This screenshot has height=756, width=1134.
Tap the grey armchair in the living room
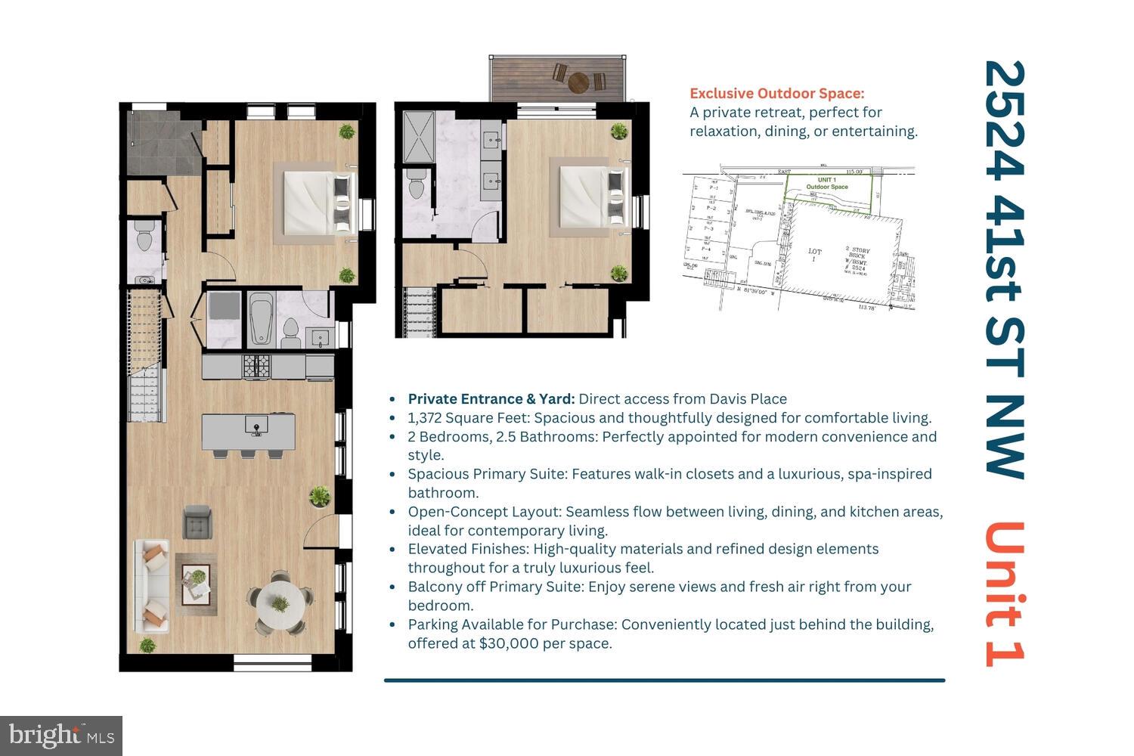197,522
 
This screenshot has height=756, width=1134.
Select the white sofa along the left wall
152,585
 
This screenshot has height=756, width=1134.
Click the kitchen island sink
256,425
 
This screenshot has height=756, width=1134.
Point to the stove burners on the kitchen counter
256,367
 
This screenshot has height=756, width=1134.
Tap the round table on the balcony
578,80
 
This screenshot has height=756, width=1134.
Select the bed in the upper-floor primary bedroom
592,197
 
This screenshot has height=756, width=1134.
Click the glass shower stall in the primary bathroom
418,137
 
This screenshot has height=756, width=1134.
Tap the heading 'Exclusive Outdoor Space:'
776,94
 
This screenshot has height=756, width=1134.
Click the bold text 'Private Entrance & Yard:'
491,399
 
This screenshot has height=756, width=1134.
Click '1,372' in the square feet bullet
424,418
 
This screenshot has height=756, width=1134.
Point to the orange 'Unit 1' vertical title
1005,593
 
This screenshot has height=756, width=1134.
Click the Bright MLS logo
60,736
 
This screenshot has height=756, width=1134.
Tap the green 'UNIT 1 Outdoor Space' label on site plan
826,183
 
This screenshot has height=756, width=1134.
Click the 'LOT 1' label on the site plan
814,255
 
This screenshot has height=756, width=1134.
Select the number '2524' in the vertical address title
1005,121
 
